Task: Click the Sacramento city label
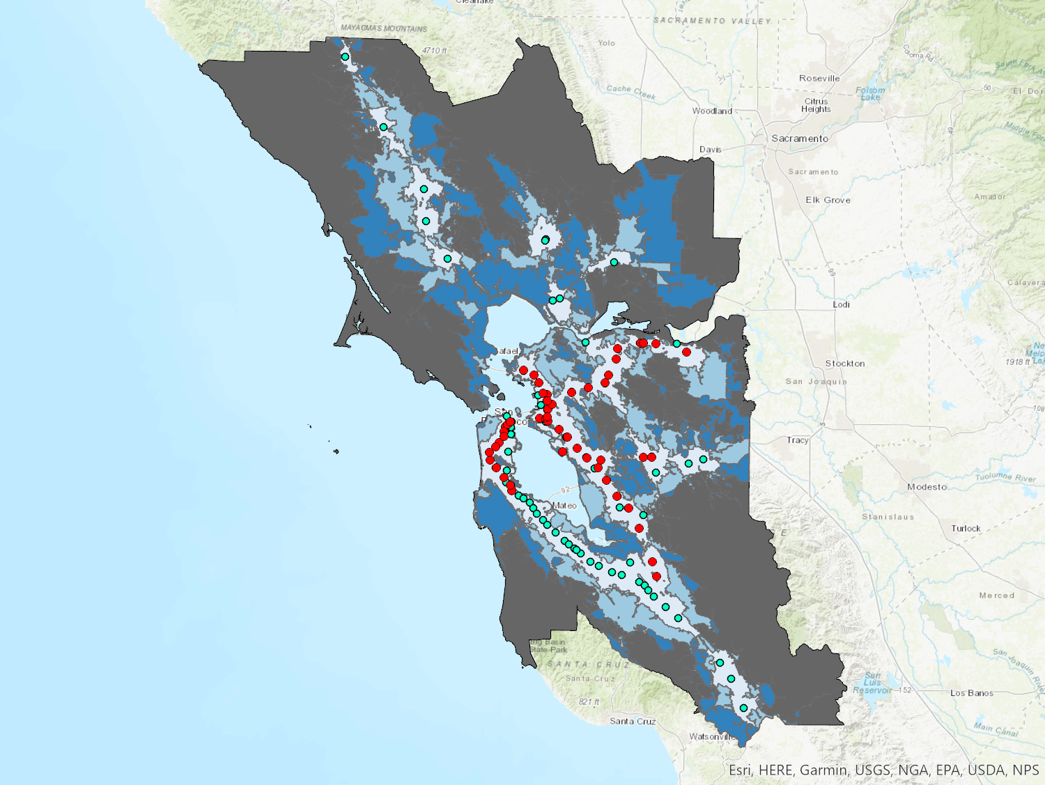coord(800,139)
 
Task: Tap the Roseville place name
coord(819,79)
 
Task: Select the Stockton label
coord(845,364)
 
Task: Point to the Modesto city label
coord(927,487)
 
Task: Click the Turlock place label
coord(966,529)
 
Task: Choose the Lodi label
coord(841,304)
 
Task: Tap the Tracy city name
coord(798,440)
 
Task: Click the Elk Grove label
coord(828,200)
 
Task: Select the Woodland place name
coord(712,111)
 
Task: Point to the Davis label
coord(710,150)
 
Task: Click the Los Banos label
coord(971,693)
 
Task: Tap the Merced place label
coord(996,596)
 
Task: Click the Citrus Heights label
coord(816,105)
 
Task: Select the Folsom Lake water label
coord(870,93)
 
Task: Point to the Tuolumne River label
coord(1005,477)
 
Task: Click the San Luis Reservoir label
coord(872,683)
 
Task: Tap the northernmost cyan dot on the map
coord(345,57)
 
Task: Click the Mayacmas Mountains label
coord(383,29)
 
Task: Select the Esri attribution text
coord(883,770)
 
